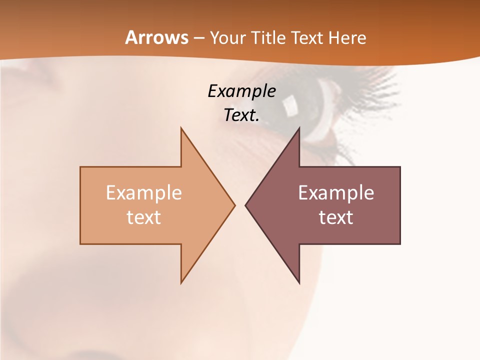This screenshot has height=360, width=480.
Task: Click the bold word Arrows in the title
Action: point(156,37)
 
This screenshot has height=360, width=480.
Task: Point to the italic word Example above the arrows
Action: point(241,91)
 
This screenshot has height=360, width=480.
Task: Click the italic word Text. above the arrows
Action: point(241,115)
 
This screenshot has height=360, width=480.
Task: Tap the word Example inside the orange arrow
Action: point(144,192)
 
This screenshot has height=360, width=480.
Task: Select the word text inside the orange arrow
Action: point(144,217)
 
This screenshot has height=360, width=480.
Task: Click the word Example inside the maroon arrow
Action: point(336,192)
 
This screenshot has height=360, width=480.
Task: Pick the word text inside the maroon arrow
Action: point(336,217)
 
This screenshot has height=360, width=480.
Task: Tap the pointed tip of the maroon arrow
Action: point(246,205)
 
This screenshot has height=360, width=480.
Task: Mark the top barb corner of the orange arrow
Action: point(181,129)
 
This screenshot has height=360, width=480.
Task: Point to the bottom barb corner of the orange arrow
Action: point(181,282)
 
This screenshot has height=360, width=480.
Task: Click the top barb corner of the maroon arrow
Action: point(299,129)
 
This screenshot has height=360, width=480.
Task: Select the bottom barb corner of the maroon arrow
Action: point(299,282)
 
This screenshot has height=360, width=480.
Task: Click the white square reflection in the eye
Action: point(289,104)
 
